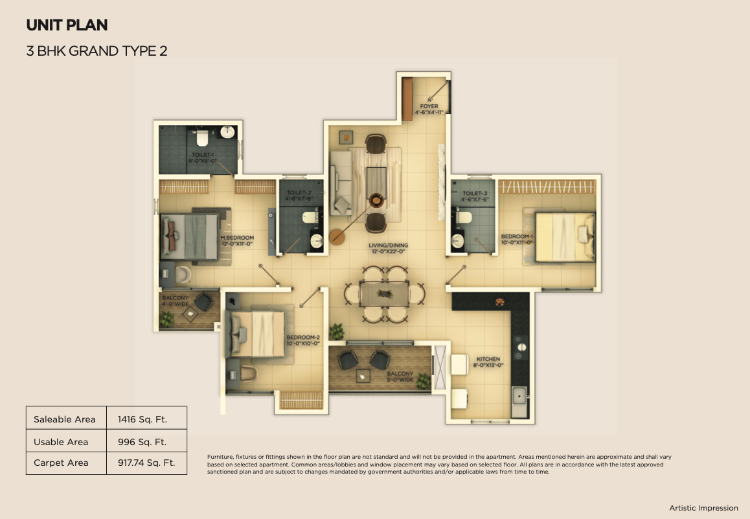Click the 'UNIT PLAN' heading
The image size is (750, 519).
click(67, 25)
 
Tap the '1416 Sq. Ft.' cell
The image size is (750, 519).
click(142, 419)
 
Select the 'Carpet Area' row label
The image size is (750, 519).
click(61, 463)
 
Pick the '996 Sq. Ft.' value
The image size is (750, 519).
click(142, 442)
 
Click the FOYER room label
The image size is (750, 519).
click(429, 109)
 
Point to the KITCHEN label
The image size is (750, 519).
click(488, 362)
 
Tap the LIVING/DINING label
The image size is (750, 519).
click(389, 248)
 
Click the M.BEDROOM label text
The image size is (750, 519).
click(237, 240)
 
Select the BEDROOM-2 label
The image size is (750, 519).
click(303, 340)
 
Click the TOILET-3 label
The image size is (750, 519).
click(475, 196)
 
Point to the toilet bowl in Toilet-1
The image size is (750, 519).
click(202, 138)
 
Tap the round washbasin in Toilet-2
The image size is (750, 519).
click(317, 241)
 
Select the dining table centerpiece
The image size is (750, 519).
click(385, 294)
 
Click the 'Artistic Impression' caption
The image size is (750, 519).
click(703, 508)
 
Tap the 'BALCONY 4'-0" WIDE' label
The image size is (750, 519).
click(176, 301)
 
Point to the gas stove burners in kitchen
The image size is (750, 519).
click(521, 348)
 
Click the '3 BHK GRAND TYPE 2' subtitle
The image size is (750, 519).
click(97, 51)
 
